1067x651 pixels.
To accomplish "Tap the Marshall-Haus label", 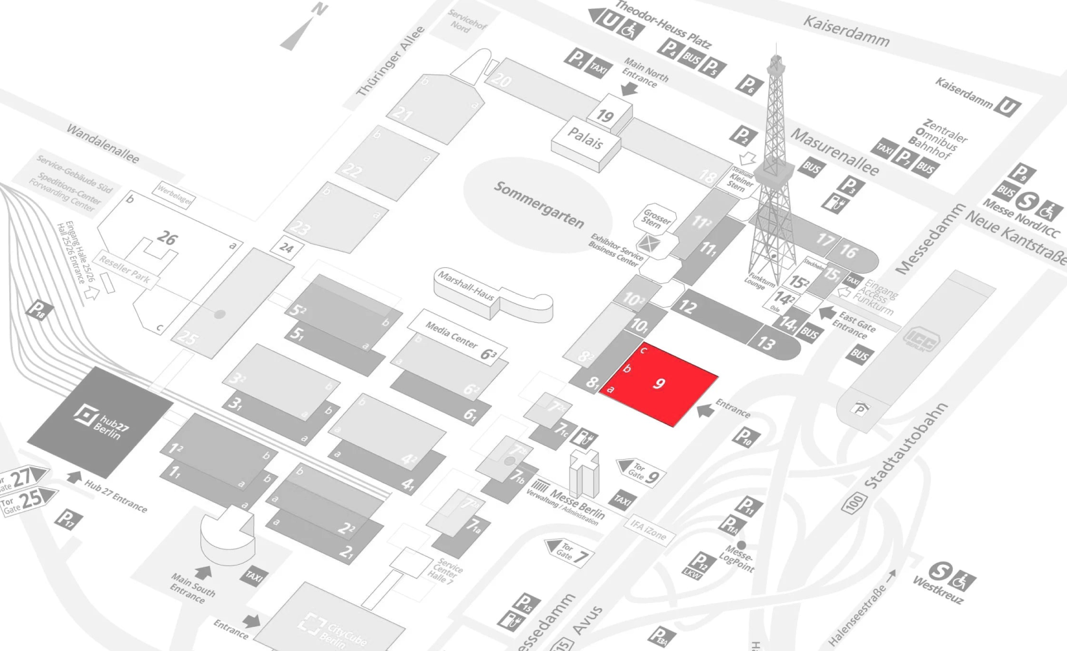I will click(x=465, y=286).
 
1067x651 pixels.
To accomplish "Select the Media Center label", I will click(x=451, y=335).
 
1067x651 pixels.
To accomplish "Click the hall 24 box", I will click(x=286, y=248).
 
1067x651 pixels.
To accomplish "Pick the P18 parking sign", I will click(x=38, y=310).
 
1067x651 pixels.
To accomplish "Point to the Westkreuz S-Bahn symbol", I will click(x=939, y=571).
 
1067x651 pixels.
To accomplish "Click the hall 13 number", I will click(x=767, y=342).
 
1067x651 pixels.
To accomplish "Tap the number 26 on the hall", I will click(x=167, y=238).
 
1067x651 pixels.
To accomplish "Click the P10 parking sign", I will click(x=744, y=438).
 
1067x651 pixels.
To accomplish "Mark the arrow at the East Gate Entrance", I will click(x=827, y=313).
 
